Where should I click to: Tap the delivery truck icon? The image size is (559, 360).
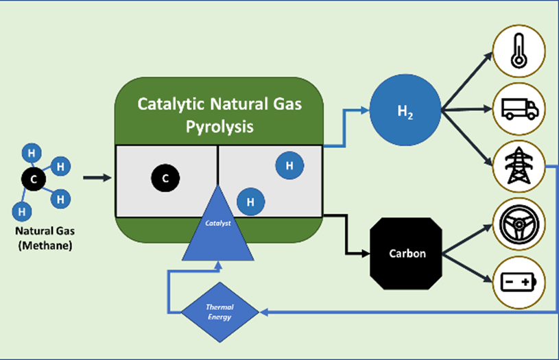(519, 109)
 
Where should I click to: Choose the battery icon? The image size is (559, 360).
(519, 283)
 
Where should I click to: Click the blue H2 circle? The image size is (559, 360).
(405, 110)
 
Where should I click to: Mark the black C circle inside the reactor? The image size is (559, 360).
(165, 178)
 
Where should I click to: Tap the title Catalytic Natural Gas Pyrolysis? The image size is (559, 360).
(219, 115)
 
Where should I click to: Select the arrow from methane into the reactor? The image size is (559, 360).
(97, 178)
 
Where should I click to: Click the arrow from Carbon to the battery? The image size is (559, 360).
(468, 268)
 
